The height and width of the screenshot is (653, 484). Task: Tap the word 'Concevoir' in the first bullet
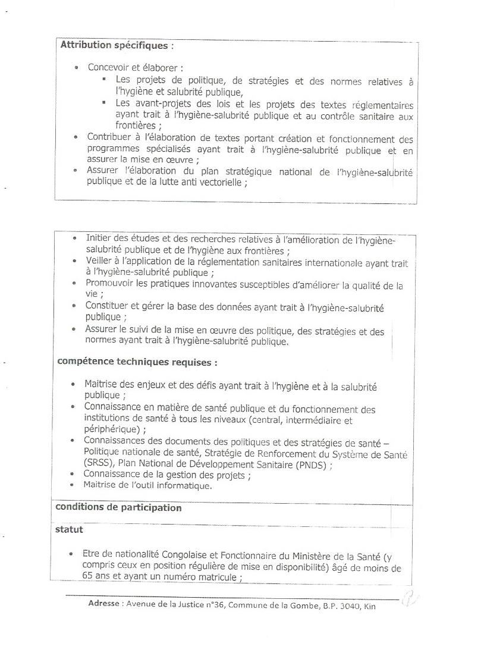coord(108,68)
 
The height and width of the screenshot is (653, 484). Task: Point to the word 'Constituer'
coord(108,306)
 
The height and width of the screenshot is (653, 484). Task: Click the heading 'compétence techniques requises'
coord(136,362)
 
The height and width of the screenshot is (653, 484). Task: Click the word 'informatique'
coord(183,486)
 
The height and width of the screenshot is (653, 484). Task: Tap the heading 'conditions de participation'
coord(118,508)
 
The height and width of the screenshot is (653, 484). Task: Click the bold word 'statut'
coord(69,529)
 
